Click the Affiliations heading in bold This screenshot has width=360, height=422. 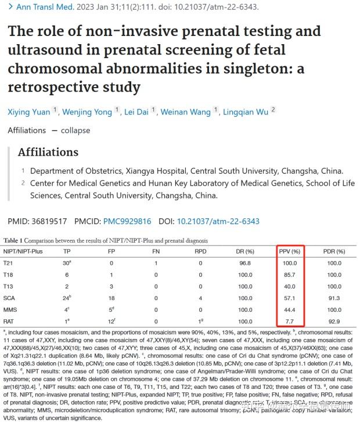[48, 153]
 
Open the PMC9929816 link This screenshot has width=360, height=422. [127, 221]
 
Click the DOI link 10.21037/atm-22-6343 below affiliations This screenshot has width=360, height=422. [218, 221]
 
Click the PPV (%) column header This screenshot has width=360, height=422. [289, 251]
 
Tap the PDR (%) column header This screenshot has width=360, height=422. [334, 251]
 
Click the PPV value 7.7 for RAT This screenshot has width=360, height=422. [290, 320]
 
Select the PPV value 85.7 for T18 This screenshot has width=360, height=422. [290, 275]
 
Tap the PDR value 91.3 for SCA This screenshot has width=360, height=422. [334, 298]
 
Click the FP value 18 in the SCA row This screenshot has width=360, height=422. [111, 298]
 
